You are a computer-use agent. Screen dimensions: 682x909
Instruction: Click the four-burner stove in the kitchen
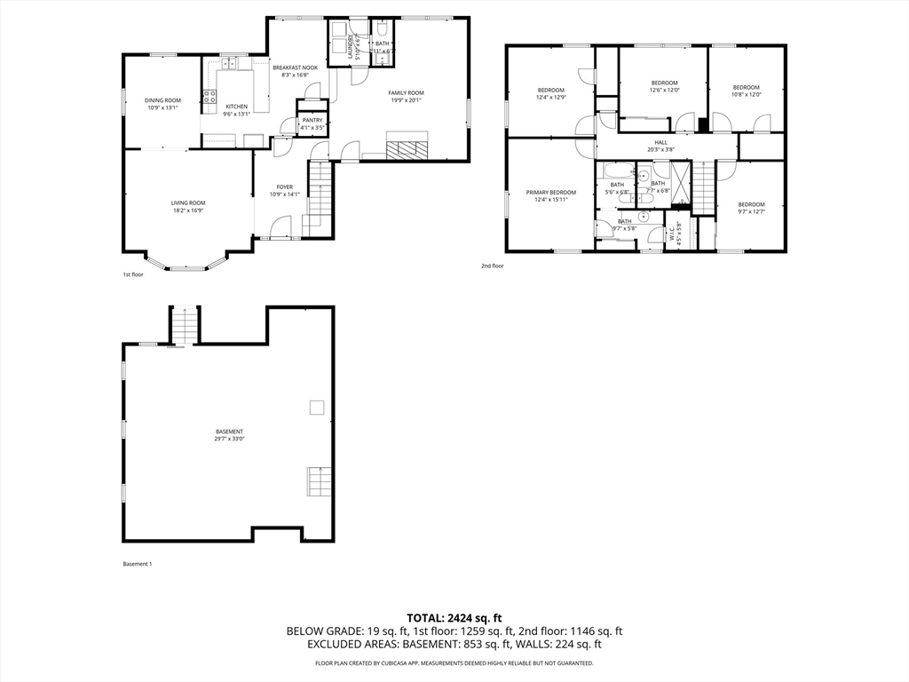(210, 97)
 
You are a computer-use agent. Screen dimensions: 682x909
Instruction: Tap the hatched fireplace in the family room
(407, 146)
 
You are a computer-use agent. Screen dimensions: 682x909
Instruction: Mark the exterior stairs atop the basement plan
(184, 325)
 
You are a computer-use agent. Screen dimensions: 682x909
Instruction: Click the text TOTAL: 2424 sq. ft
(454, 617)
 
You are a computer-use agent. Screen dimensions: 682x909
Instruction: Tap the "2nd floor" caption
(492, 266)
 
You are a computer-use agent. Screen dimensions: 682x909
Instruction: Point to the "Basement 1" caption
(137, 563)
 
